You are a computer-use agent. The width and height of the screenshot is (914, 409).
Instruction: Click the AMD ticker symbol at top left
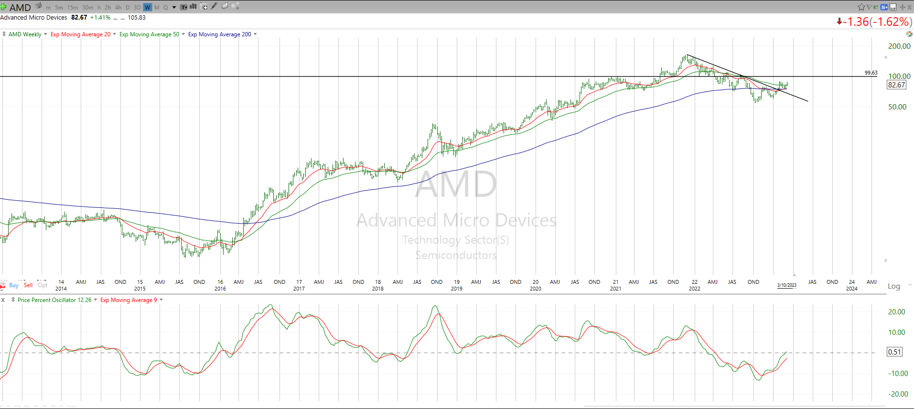[x=20, y=7]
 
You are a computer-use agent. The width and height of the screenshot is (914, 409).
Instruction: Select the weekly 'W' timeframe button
[x=147, y=7]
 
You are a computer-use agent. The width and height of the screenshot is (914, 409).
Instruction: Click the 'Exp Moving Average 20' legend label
[x=80, y=34]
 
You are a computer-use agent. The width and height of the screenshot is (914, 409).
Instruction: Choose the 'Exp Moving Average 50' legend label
[x=149, y=34]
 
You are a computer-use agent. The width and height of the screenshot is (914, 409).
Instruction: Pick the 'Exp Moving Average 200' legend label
[x=219, y=34]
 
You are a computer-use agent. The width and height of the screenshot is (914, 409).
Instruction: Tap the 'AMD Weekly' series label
[x=25, y=34]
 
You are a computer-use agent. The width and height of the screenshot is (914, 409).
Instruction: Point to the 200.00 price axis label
[x=899, y=46]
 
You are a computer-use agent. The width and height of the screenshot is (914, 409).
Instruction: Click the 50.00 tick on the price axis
[x=897, y=107]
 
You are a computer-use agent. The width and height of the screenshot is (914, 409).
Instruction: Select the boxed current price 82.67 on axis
[x=896, y=85]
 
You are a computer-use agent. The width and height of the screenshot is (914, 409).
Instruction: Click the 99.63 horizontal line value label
[x=871, y=73]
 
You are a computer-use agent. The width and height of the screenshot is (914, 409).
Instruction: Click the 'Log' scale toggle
[x=893, y=286]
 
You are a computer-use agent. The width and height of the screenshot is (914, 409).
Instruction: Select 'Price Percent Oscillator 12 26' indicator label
[x=54, y=300]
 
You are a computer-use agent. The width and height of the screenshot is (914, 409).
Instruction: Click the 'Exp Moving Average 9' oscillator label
[x=129, y=300]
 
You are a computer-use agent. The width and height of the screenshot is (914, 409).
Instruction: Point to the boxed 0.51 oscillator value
[x=894, y=352]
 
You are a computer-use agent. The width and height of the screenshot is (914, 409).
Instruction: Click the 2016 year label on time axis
[x=220, y=289]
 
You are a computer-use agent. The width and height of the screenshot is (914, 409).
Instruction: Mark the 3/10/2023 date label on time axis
[x=786, y=285]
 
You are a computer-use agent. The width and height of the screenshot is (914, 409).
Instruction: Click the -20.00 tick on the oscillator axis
[x=898, y=394]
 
